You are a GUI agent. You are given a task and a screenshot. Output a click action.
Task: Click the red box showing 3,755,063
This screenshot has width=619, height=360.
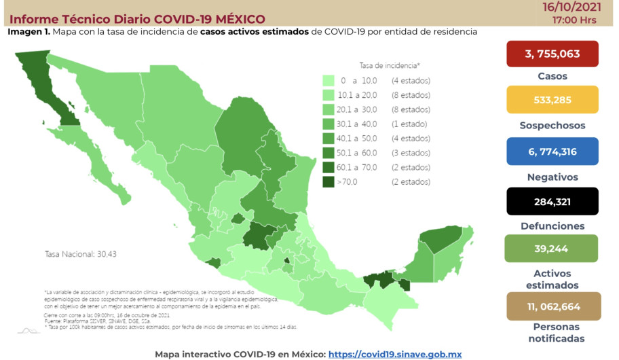552,54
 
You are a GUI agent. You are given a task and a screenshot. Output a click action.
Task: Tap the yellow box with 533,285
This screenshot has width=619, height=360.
552,100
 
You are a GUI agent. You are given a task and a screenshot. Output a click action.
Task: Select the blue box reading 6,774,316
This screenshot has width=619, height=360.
552,151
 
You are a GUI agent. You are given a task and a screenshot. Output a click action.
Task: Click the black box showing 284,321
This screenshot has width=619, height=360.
552,201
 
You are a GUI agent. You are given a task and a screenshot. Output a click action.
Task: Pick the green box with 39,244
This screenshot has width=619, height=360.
552,249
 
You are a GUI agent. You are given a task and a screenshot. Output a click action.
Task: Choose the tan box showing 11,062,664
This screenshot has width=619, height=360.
552,306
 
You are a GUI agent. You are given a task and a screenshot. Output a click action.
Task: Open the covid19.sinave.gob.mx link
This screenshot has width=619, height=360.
395,354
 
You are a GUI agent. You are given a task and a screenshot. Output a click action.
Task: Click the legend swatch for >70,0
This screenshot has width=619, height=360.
329,182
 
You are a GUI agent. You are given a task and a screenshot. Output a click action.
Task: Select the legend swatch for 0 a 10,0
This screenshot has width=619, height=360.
329,81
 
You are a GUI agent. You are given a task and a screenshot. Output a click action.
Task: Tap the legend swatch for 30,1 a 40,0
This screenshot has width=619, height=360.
329,124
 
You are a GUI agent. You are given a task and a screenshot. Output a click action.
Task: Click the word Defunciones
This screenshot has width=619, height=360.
552,226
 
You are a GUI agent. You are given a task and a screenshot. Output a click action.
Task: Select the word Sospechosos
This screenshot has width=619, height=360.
552,126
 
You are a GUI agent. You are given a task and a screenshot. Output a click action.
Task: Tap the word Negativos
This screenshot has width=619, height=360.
552,177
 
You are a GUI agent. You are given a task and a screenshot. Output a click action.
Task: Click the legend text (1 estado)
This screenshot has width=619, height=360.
409,124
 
